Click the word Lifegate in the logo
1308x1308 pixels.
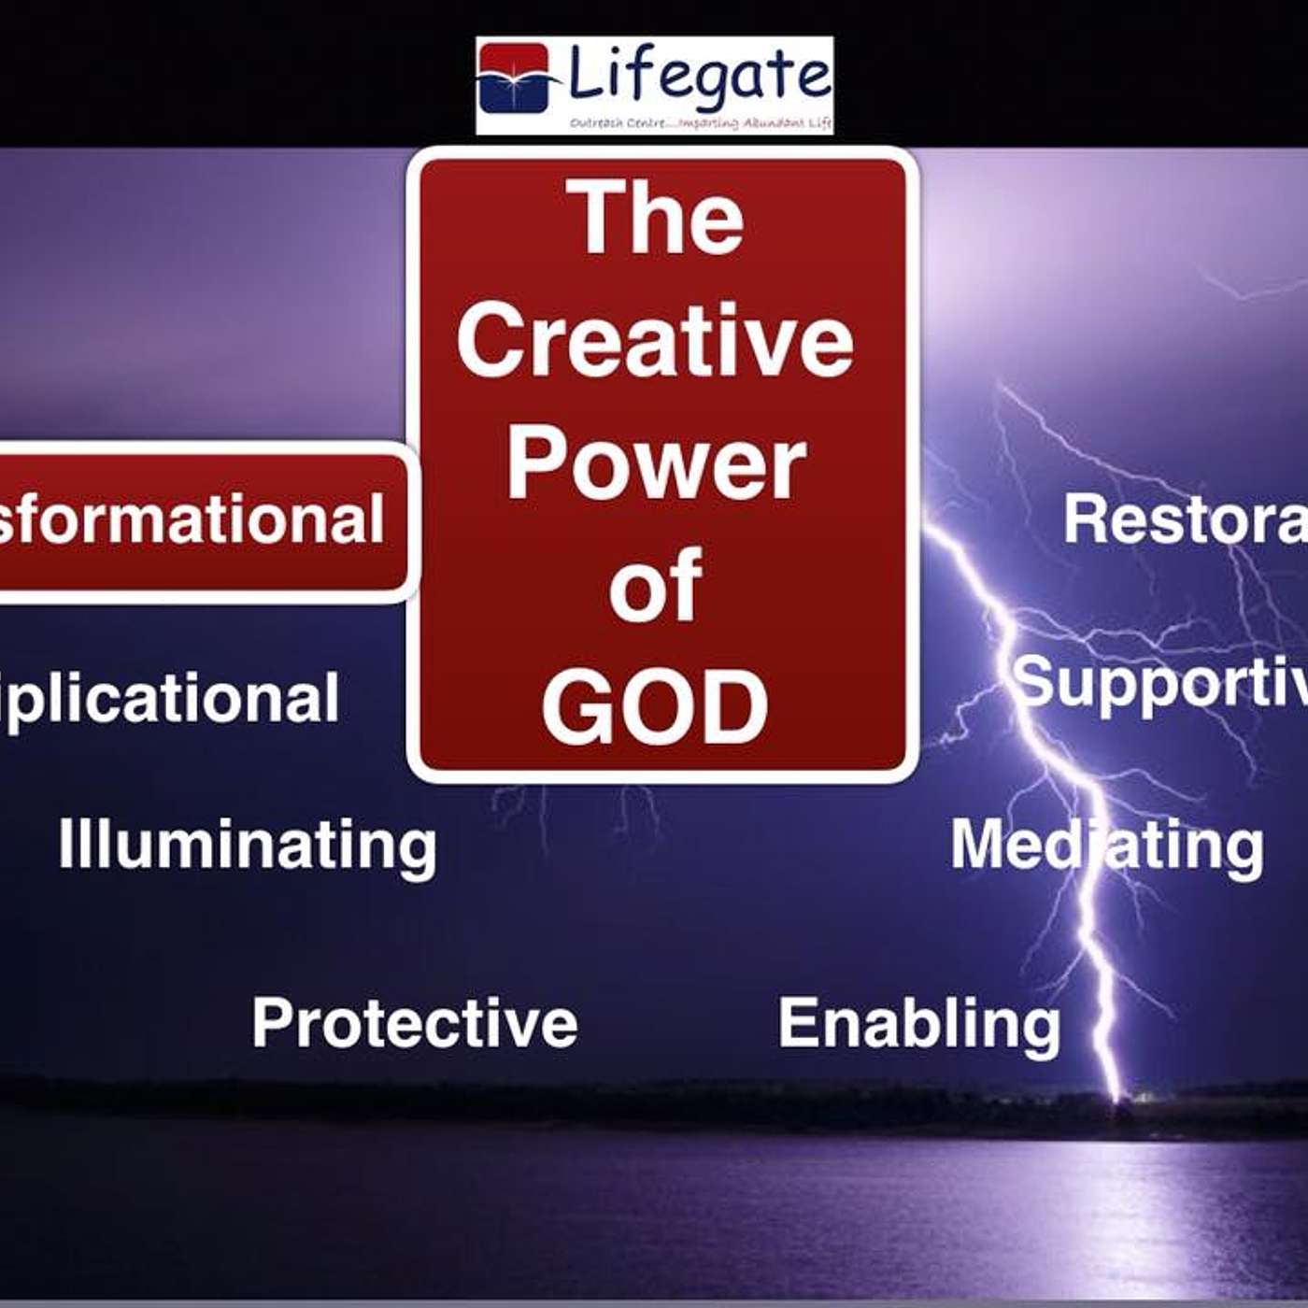(x=699, y=75)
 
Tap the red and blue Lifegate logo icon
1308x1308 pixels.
(x=514, y=78)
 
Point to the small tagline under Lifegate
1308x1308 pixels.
(x=701, y=122)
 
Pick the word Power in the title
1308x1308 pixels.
(x=656, y=463)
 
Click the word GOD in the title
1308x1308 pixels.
(x=656, y=707)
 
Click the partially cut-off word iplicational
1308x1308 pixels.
(x=168, y=699)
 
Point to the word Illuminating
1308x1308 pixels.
(x=248, y=846)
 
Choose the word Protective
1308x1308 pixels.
(x=415, y=1022)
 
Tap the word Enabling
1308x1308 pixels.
(x=919, y=1024)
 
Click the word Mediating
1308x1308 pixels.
(x=1107, y=846)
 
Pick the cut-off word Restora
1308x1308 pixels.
(x=1185, y=519)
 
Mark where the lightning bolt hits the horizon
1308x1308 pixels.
(x=1116, y=1099)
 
